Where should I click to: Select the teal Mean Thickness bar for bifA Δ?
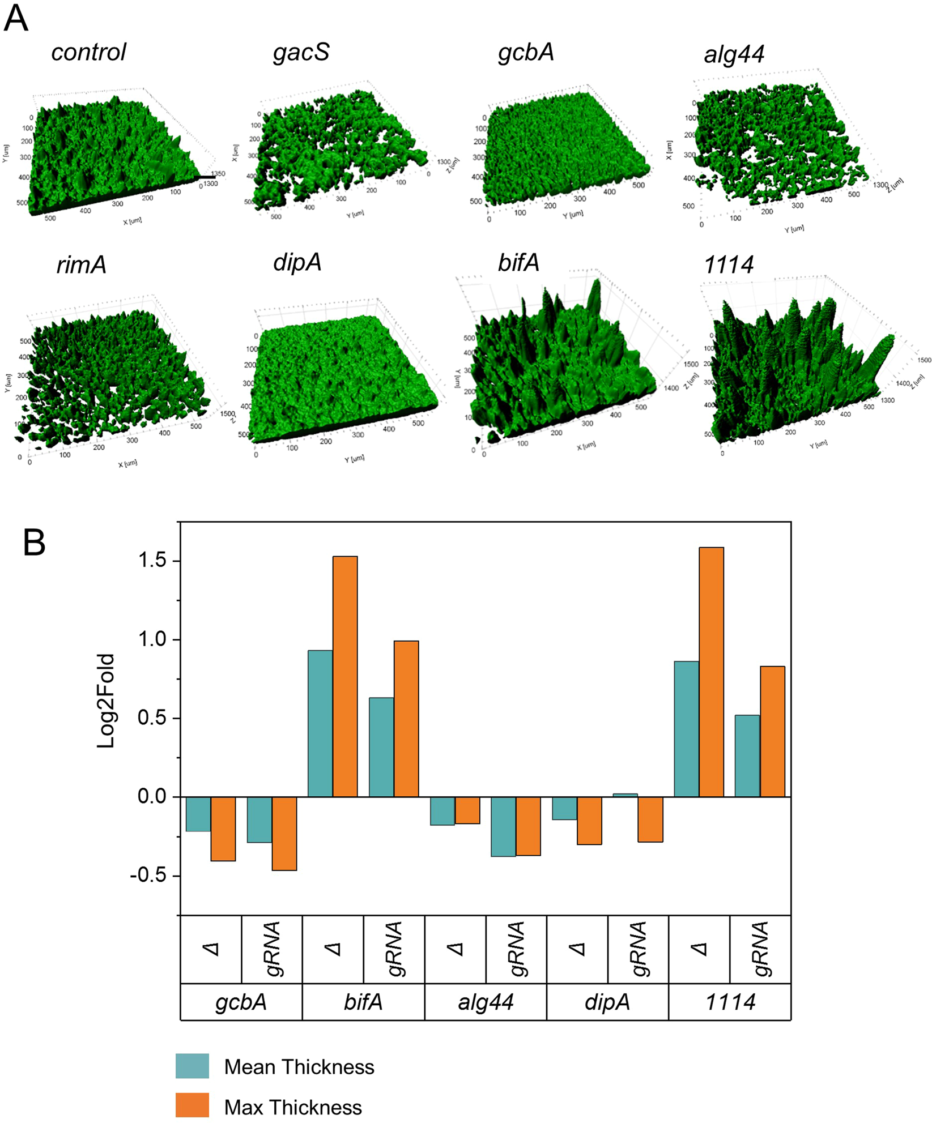(x=320, y=723)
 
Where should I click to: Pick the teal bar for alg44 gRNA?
(x=503, y=826)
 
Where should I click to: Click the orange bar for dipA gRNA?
(x=650, y=819)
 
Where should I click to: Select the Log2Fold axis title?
(x=106, y=701)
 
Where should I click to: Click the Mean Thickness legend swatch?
(x=192, y=1066)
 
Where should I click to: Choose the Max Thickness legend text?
(x=293, y=1107)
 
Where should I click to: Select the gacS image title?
(x=301, y=53)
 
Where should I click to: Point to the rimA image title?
(x=82, y=264)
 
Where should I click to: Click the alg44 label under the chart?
(x=486, y=1002)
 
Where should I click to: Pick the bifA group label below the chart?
(x=363, y=1002)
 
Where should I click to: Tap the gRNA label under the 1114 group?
(x=760, y=949)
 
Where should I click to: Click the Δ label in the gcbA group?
(x=211, y=949)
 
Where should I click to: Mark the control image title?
(x=88, y=52)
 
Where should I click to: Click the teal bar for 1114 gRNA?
(x=747, y=756)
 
